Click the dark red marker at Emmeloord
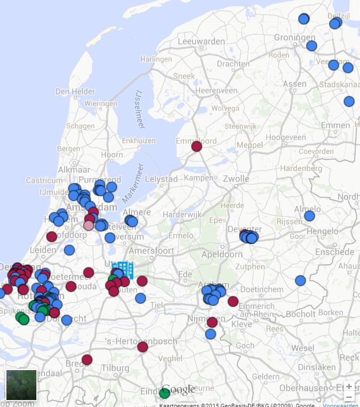tap(196, 146)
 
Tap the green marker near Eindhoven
tap(165, 393)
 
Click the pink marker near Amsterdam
tap(89, 225)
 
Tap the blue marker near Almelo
tap(309, 216)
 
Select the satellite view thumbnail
tap(21, 385)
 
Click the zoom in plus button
tap(349, 386)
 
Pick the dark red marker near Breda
tap(87, 359)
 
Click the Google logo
tap(178, 389)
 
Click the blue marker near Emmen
tap(349, 101)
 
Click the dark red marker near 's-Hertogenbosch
tap(142, 347)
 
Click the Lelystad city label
tap(161, 178)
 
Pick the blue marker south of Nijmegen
tap(210, 334)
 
